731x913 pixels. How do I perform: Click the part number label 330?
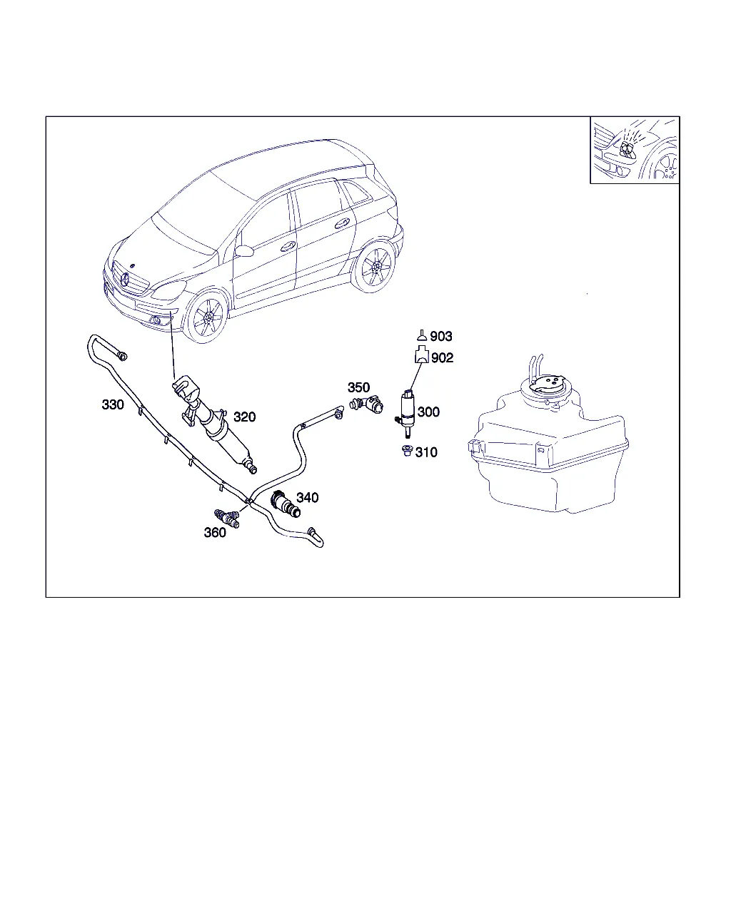(x=113, y=404)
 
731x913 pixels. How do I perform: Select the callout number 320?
(x=244, y=417)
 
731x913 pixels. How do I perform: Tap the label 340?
(x=307, y=497)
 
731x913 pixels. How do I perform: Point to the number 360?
(x=215, y=532)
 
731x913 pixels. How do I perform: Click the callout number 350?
(x=358, y=387)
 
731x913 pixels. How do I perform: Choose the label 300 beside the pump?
(x=428, y=412)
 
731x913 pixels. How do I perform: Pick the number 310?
(x=426, y=452)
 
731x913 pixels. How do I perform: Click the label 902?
(x=442, y=357)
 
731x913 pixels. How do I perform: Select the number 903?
(x=441, y=336)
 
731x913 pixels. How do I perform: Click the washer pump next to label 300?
(x=408, y=413)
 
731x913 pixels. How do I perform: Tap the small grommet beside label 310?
(x=406, y=450)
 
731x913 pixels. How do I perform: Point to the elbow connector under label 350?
(x=366, y=404)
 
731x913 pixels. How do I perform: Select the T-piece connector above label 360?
(x=227, y=519)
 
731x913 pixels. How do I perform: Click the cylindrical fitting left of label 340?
(x=286, y=504)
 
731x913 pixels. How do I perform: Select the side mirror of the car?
(x=244, y=250)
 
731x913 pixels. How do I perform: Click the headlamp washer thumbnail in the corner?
(x=635, y=150)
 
